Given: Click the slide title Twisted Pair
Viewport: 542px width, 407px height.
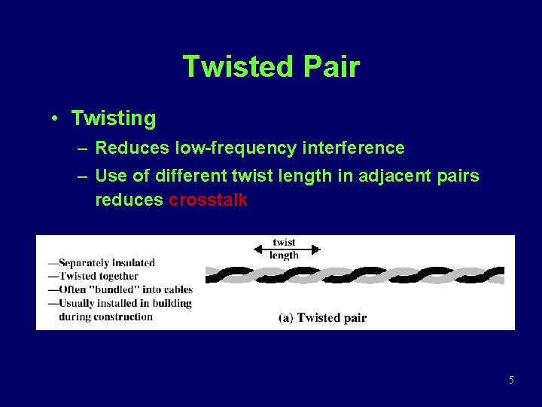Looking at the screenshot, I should (x=271, y=66).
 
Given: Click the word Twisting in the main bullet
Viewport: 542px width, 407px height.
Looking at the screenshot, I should (x=114, y=119).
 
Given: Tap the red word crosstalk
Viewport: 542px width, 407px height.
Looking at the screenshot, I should (x=208, y=200).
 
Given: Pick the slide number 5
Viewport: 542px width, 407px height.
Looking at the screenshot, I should (x=511, y=380).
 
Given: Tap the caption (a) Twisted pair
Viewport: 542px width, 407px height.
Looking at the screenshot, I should (x=322, y=317).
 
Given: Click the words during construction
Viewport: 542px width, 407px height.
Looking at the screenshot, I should (x=105, y=316).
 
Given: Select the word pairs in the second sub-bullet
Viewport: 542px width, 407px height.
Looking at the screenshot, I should (x=458, y=177).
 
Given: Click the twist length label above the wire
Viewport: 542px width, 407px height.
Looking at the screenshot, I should (x=284, y=249).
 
